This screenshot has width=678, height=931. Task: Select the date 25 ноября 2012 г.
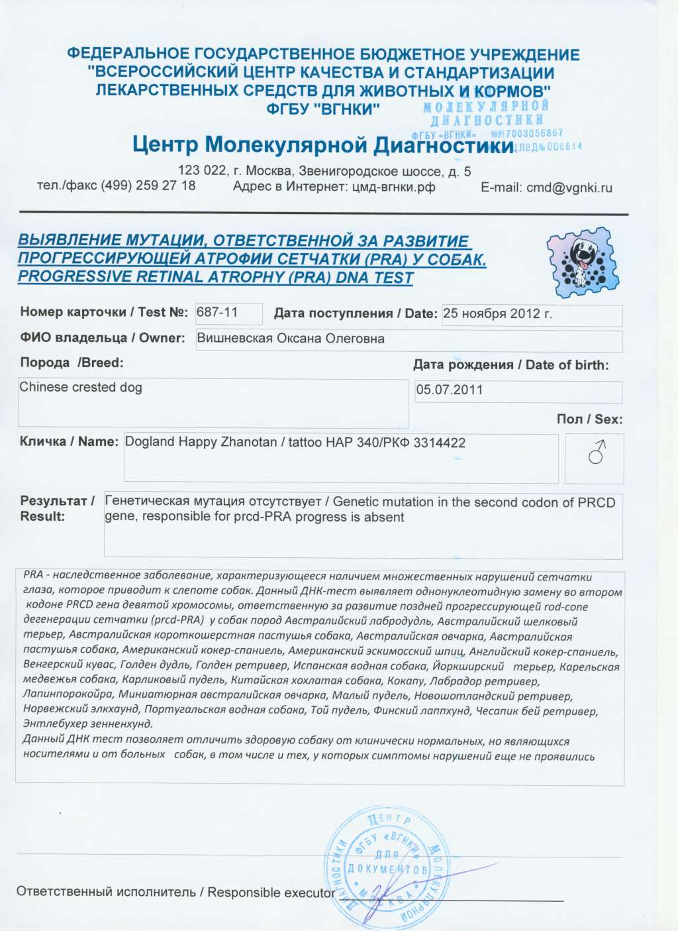(x=497, y=313)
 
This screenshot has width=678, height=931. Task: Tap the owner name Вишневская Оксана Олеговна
(x=291, y=339)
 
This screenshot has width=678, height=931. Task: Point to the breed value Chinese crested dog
(x=81, y=387)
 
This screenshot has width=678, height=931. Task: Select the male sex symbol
(x=597, y=455)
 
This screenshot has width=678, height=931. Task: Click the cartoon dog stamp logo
(x=580, y=260)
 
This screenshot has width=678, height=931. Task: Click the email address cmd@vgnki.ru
(x=569, y=188)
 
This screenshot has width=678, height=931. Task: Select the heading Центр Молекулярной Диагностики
(x=322, y=144)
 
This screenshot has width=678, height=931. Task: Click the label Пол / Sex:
(x=589, y=419)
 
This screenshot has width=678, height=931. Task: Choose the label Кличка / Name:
(x=69, y=441)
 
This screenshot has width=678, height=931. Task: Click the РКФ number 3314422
(x=439, y=442)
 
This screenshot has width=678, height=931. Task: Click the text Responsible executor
(x=271, y=892)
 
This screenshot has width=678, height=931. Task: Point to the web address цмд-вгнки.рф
(x=391, y=187)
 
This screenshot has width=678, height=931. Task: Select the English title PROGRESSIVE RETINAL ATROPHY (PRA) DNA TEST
(x=216, y=277)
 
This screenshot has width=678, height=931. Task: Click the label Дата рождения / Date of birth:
(x=510, y=364)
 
